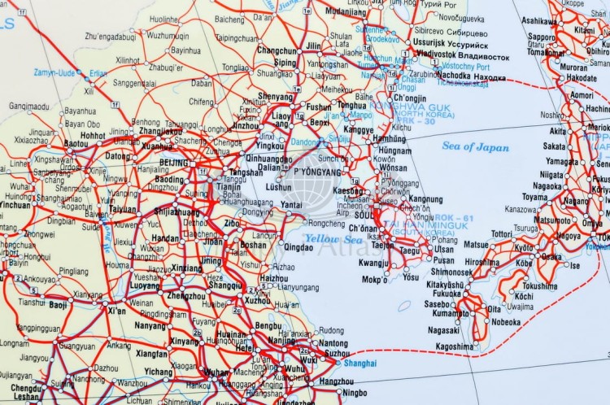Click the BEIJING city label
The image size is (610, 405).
(x=174, y=163)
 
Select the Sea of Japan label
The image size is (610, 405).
(x=476, y=147)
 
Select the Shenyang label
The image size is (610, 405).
(x=275, y=97)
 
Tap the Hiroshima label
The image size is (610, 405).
(x=482, y=263)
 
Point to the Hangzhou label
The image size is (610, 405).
(x=337, y=381)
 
